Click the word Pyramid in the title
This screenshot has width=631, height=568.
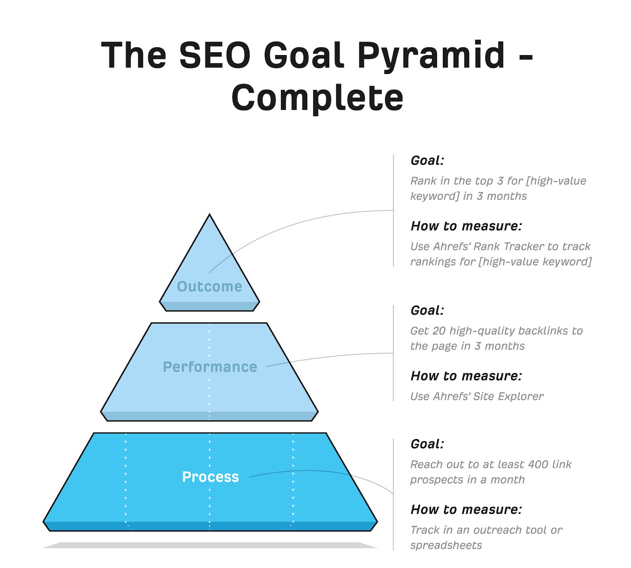coord(431,56)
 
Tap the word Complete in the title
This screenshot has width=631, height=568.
coord(317,98)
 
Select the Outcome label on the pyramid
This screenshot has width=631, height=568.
coord(210,286)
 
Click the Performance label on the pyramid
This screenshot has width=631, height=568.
coord(210,367)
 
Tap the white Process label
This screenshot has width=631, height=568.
coord(210,477)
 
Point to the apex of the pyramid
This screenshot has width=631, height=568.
coord(210,214)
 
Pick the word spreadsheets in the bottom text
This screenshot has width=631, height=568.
coord(446,545)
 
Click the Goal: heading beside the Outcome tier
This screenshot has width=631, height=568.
coord(427,161)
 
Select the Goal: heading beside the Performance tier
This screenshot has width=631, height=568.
coord(427,310)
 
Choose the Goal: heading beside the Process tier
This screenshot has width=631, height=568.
coord(427,444)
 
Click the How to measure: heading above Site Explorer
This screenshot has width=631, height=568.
coord(466,376)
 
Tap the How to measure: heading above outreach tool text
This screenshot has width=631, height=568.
coord(466,509)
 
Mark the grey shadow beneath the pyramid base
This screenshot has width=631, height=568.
coord(210,545)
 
